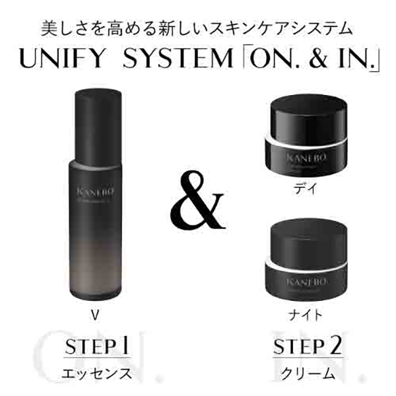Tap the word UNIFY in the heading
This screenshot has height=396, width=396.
[x=62, y=59]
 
